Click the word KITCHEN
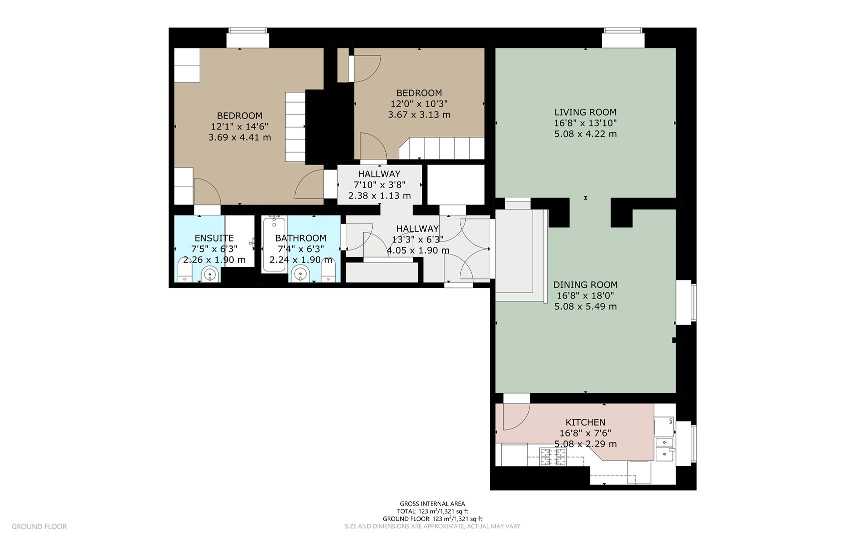click(585, 422)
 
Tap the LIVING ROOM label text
click(585, 112)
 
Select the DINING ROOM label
click(585, 285)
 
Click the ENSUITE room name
click(214, 238)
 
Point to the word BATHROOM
click(301, 238)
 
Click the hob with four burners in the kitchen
click(553, 456)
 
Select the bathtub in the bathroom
click(274, 244)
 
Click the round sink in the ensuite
click(210, 274)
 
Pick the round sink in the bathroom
click(300, 274)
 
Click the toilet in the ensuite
click(185, 270)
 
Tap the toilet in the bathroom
click(328, 271)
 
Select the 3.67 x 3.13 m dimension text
click(419, 114)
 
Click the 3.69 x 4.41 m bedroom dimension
click(240, 137)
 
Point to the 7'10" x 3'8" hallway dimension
click(379, 185)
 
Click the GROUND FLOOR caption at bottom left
click(39, 526)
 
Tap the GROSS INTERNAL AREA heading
click(432, 504)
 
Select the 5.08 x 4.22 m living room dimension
click(585, 134)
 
